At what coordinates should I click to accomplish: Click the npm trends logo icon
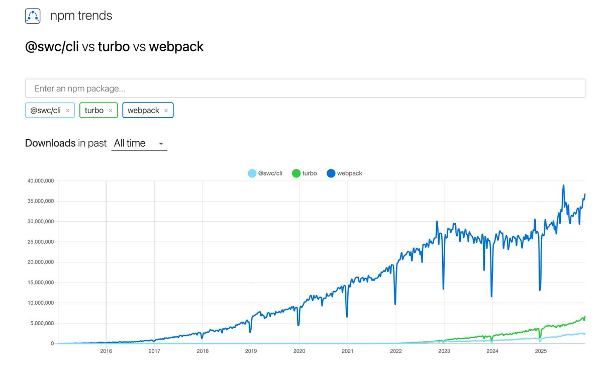coord(32,16)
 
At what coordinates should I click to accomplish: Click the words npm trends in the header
coord(81,16)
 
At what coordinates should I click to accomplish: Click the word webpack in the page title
coord(176,47)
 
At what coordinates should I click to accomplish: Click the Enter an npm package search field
coord(305,88)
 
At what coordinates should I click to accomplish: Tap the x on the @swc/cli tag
coord(68,111)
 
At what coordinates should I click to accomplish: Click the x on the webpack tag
coord(166,111)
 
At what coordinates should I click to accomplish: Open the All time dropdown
coord(139,143)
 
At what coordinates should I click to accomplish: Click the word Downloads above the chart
coord(50,143)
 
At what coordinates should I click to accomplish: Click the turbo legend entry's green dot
coord(296,173)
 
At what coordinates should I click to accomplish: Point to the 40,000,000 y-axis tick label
coord(38,180)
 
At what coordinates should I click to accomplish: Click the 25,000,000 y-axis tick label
coord(38,242)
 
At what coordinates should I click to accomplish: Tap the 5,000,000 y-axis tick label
coord(40,323)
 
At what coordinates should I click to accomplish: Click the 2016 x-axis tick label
coord(106,351)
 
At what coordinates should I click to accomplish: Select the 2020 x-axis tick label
coord(299,351)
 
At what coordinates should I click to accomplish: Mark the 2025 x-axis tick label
coord(540,351)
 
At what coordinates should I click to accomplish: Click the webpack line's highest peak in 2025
coord(563,185)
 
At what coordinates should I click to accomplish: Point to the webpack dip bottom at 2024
coord(491,296)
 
